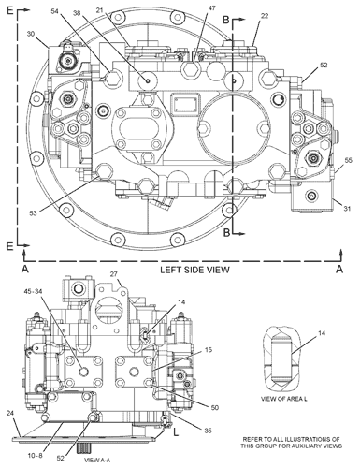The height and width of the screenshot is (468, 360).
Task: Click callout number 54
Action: [x=55, y=11]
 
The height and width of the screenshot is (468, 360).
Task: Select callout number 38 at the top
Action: [x=78, y=13]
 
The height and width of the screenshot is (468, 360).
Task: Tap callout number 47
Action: [x=211, y=8]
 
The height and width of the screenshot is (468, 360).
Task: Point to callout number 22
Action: [x=265, y=16]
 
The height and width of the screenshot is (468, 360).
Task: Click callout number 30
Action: [x=31, y=34]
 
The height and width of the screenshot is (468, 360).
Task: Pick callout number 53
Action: [x=33, y=213]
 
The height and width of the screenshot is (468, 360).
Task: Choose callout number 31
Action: [x=347, y=208]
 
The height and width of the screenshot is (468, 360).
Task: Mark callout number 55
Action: [x=349, y=160]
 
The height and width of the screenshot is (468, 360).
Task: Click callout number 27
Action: [x=113, y=274]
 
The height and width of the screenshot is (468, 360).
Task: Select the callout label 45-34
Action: [x=35, y=291]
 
